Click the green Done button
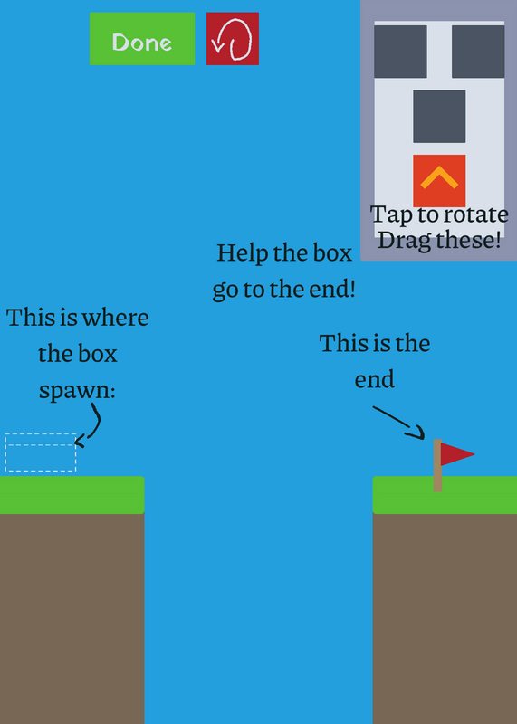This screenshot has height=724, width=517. (142, 39)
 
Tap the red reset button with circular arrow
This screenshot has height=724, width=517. (233, 39)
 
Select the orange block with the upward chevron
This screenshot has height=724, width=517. (439, 181)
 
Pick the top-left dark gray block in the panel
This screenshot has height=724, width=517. (400, 52)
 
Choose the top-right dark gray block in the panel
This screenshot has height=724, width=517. (478, 52)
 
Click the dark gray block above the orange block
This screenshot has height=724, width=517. (439, 117)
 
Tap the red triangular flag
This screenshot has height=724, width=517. (457, 454)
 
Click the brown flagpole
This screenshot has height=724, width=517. (437, 465)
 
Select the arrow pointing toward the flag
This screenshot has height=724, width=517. (399, 422)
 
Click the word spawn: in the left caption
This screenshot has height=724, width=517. (77, 391)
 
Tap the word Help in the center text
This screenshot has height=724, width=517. (243, 253)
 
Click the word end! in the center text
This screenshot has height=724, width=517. (332, 290)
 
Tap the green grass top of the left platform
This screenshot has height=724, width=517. (72, 495)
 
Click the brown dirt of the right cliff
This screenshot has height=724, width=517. (445, 619)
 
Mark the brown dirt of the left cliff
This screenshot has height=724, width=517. (72, 619)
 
